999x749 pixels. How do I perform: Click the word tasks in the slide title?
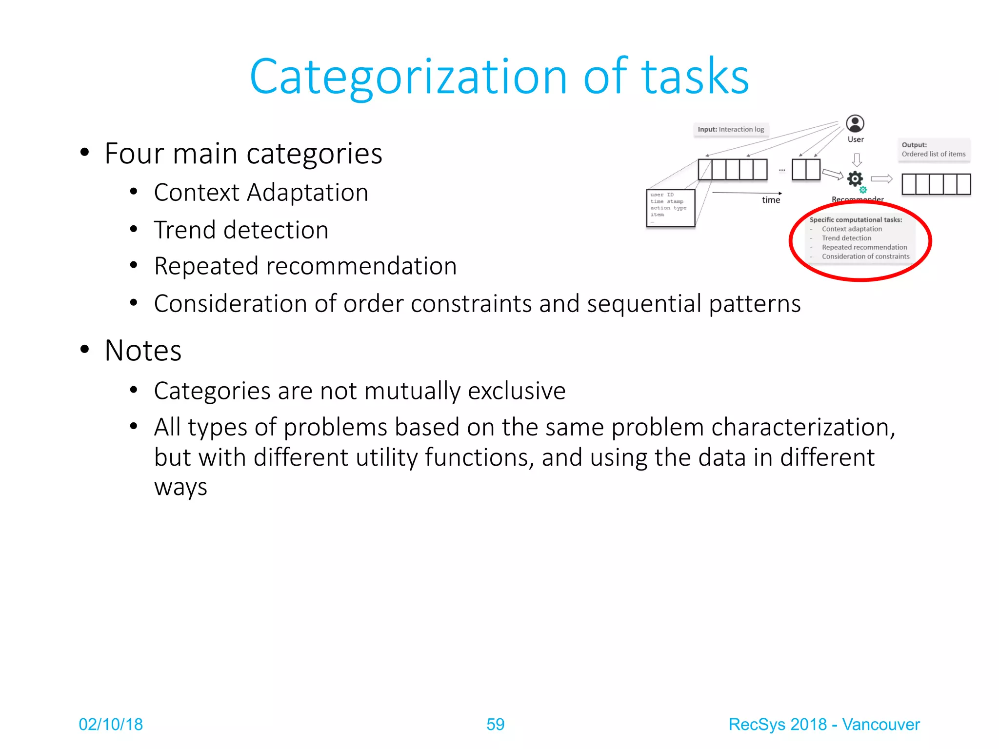(x=695, y=77)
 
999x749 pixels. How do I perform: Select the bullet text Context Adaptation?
(x=261, y=193)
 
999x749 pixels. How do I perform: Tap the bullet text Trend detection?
(x=241, y=230)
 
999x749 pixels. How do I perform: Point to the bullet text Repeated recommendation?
(x=305, y=266)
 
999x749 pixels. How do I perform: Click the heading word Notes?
(x=143, y=351)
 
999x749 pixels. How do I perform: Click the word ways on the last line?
(x=180, y=487)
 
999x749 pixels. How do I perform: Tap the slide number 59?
(x=495, y=724)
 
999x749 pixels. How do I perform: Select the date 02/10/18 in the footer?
(x=111, y=724)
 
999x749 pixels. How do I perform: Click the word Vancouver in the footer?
(x=881, y=724)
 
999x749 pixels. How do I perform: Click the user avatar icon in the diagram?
(x=855, y=124)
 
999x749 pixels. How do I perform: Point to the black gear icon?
(x=855, y=178)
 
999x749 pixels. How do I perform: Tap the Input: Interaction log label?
(x=731, y=129)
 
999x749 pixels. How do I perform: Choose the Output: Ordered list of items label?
(x=933, y=149)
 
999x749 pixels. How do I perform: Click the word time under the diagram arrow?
(x=771, y=200)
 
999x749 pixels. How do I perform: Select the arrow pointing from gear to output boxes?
(x=881, y=179)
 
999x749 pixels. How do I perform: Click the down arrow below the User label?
(x=857, y=159)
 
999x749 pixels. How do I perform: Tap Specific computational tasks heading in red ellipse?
(x=856, y=220)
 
